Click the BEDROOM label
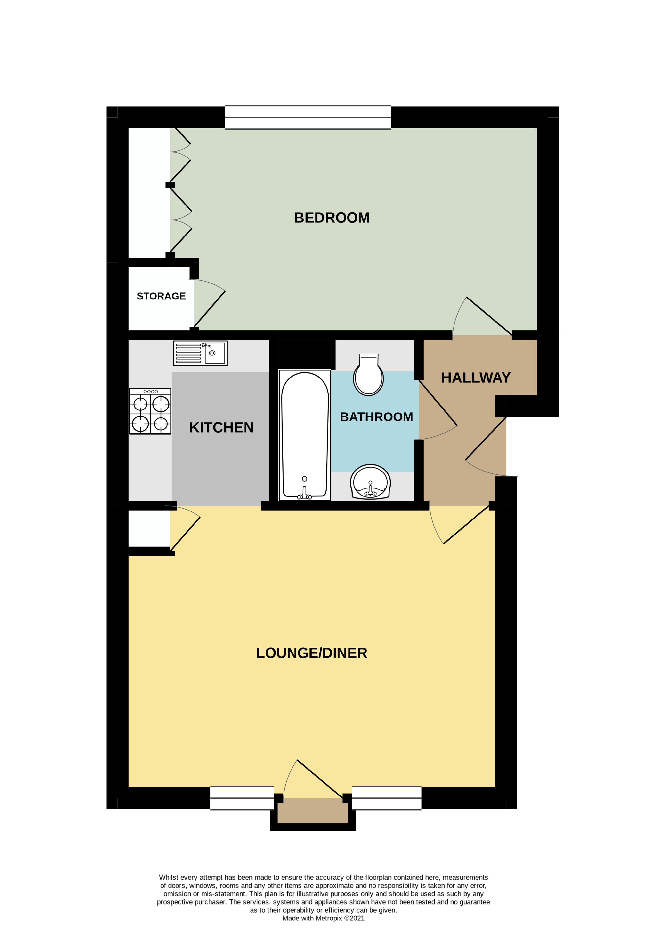332,218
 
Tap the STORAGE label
161,296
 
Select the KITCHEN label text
221,428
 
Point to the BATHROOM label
376,417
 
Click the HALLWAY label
476,378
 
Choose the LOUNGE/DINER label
311,653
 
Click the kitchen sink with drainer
200,353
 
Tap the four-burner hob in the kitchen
150,411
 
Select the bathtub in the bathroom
305,435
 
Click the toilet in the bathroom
368,375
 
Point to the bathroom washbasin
370,482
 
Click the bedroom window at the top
308,117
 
